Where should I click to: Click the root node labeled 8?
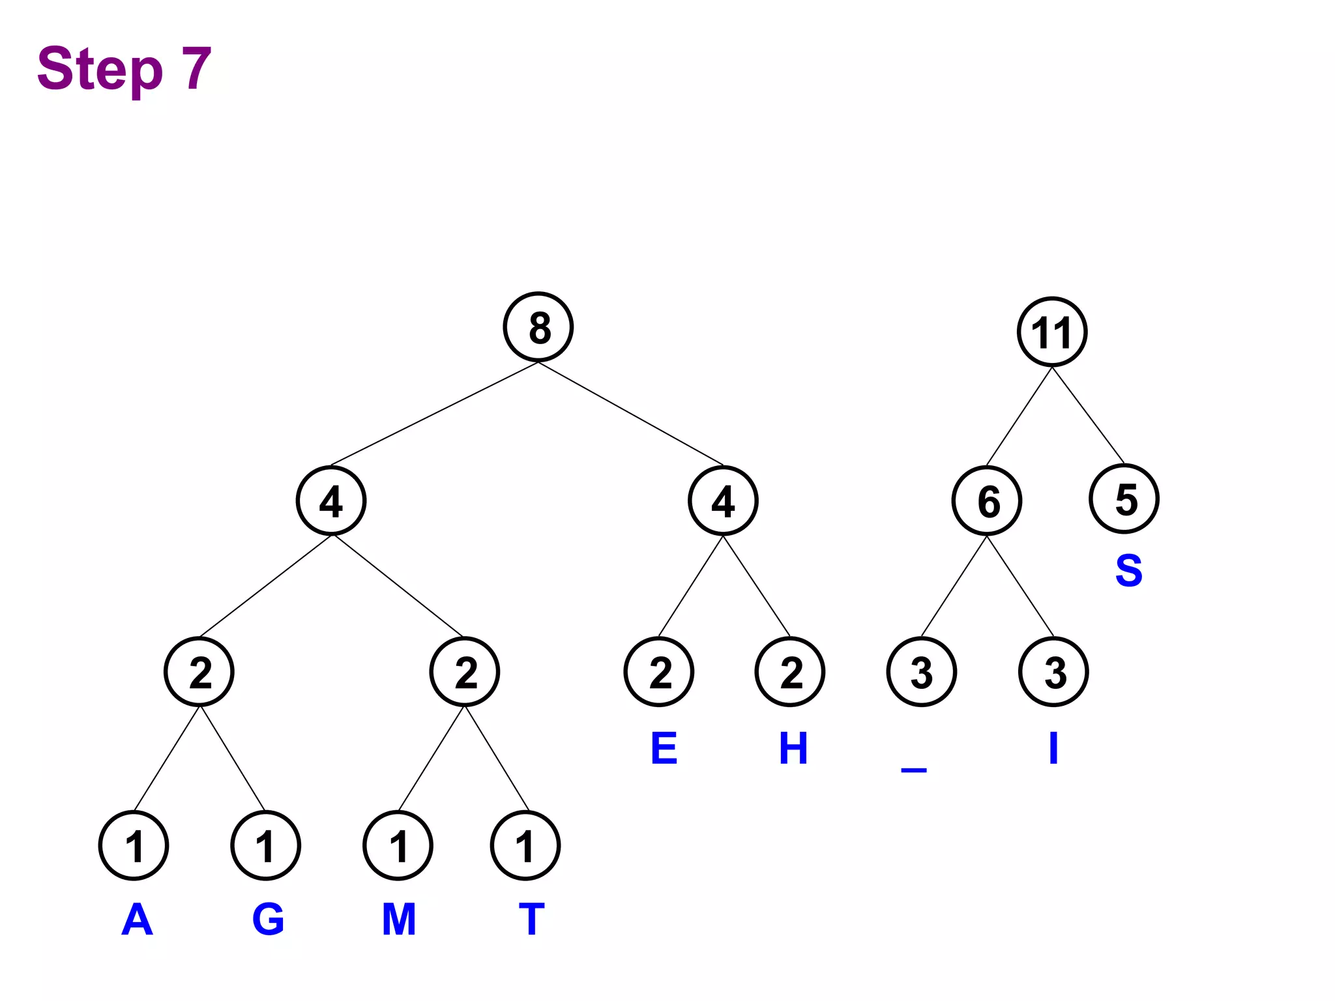[538, 327]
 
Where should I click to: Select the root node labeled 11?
[1052, 332]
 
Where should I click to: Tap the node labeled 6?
[987, 500]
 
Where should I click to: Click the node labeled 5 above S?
[1124, 499]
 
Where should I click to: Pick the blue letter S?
[1129, 571]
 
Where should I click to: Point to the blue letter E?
[664, 748]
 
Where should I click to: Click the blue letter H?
[793, 748]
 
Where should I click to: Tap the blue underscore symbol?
[914, 770]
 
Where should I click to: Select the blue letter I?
[1053, 748]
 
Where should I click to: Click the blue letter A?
[137, 920]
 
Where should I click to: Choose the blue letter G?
[268, 920]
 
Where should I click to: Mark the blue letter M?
[399, 920]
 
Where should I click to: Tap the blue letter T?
[531, 920]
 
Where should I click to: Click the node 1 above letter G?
[265, 846]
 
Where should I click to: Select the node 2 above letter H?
[790, 672]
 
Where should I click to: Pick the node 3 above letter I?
[1053, 672]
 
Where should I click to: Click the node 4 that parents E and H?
[723, 500]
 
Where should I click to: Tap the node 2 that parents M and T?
[465, 672]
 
